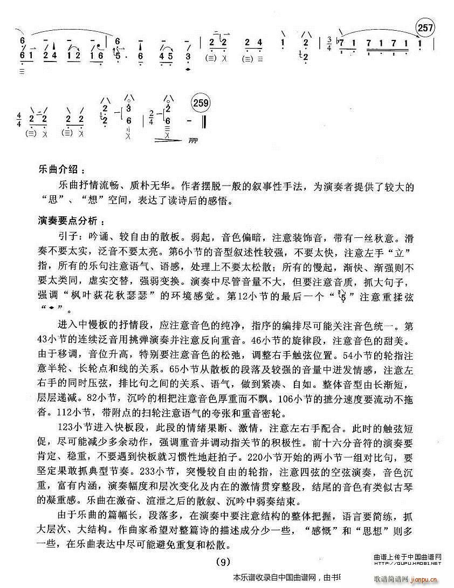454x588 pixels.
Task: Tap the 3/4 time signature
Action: [x=329, y=42]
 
